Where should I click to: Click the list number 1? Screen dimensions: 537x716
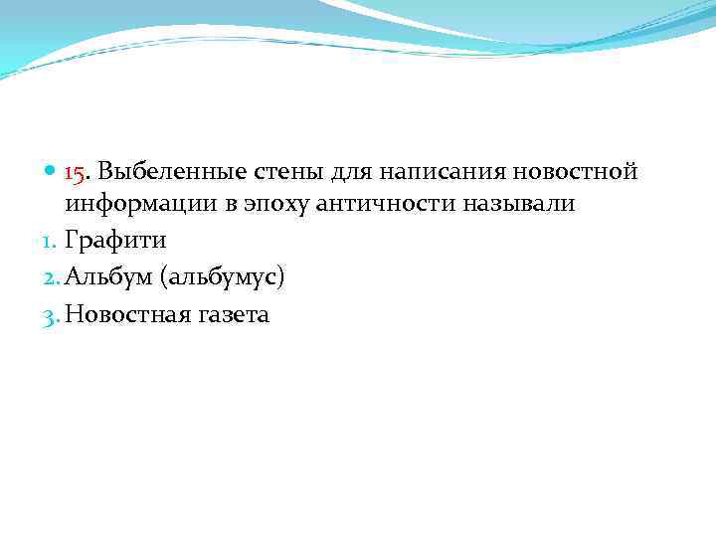coord(53,242)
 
